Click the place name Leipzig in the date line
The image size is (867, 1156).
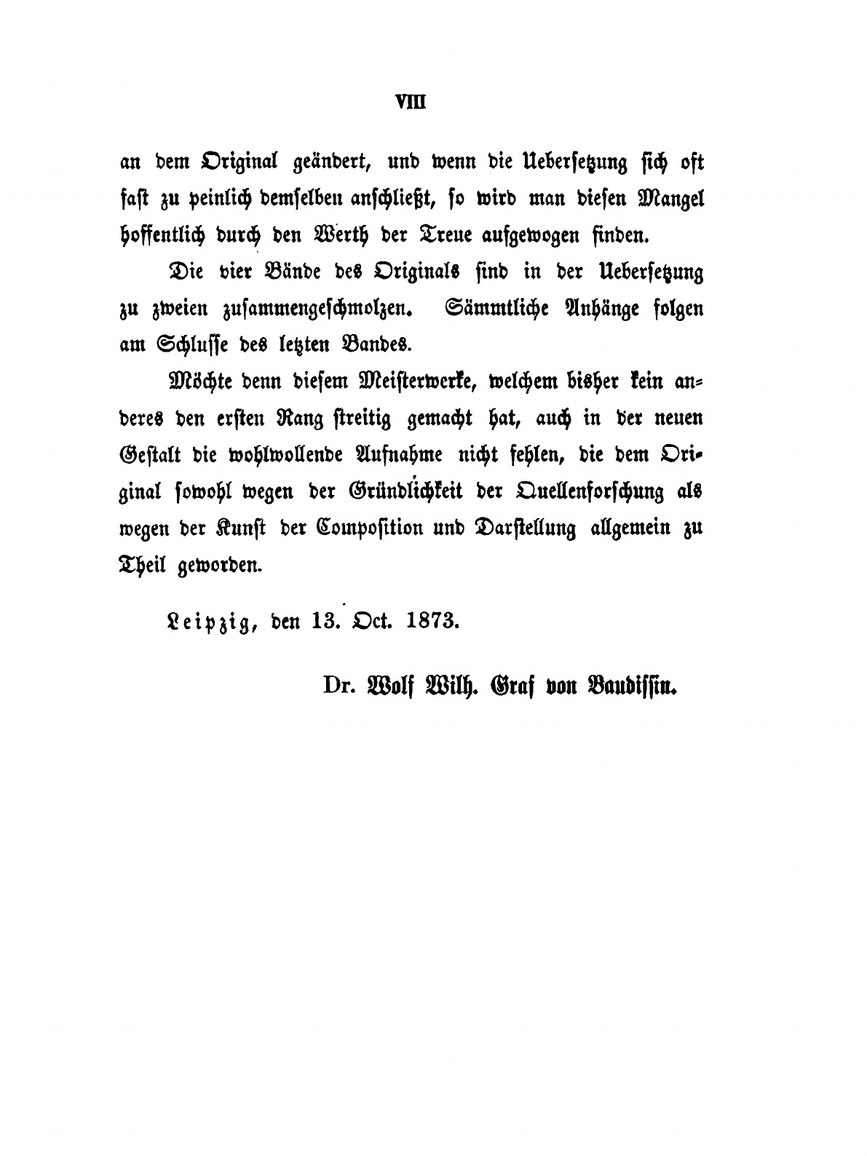point(206,621)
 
